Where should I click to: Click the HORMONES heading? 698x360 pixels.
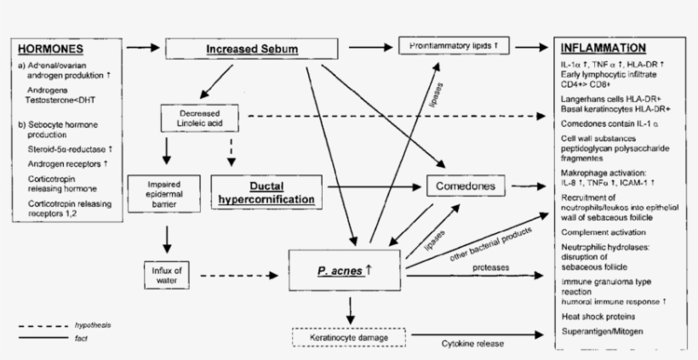coord(50,49)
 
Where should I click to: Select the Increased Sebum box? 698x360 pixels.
coord(253,49)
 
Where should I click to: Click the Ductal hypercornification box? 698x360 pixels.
coord(266,191)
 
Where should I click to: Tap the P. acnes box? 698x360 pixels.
coord(344,271)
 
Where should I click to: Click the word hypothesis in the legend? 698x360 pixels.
coord(93,325)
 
